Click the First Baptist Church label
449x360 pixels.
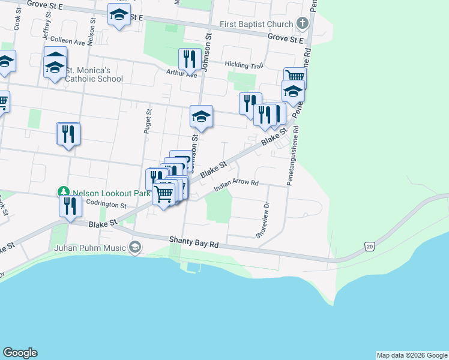pyautogui.click(x=256, y=25)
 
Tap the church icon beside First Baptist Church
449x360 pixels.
pyautogui.click(x=302, y=25)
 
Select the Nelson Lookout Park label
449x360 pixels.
pyautogui.click(x=102, y=194)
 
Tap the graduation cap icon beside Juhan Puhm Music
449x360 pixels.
pyautogui.click(x=136, y=247)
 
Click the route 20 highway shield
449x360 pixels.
pyautogui.click(x=369, y=246)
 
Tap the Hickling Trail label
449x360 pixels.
pyautogui.click(x=244, y=64)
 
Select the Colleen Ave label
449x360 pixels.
pyautogui.click(x=68, y=41)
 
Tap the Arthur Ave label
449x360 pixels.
pyautogui.click(x=182, y=75)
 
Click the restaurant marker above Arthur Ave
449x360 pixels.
pyautogui.click(x=189, y=59)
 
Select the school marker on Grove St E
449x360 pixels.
pyautogui.click(x=119, y=14)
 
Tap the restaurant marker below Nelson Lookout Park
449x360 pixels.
pyautogui.click(x=70, y=206)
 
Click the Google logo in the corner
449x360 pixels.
pyautogui.click(x=20, y=353)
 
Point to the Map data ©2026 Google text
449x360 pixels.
pyautogui.click(x=411, y=355)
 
